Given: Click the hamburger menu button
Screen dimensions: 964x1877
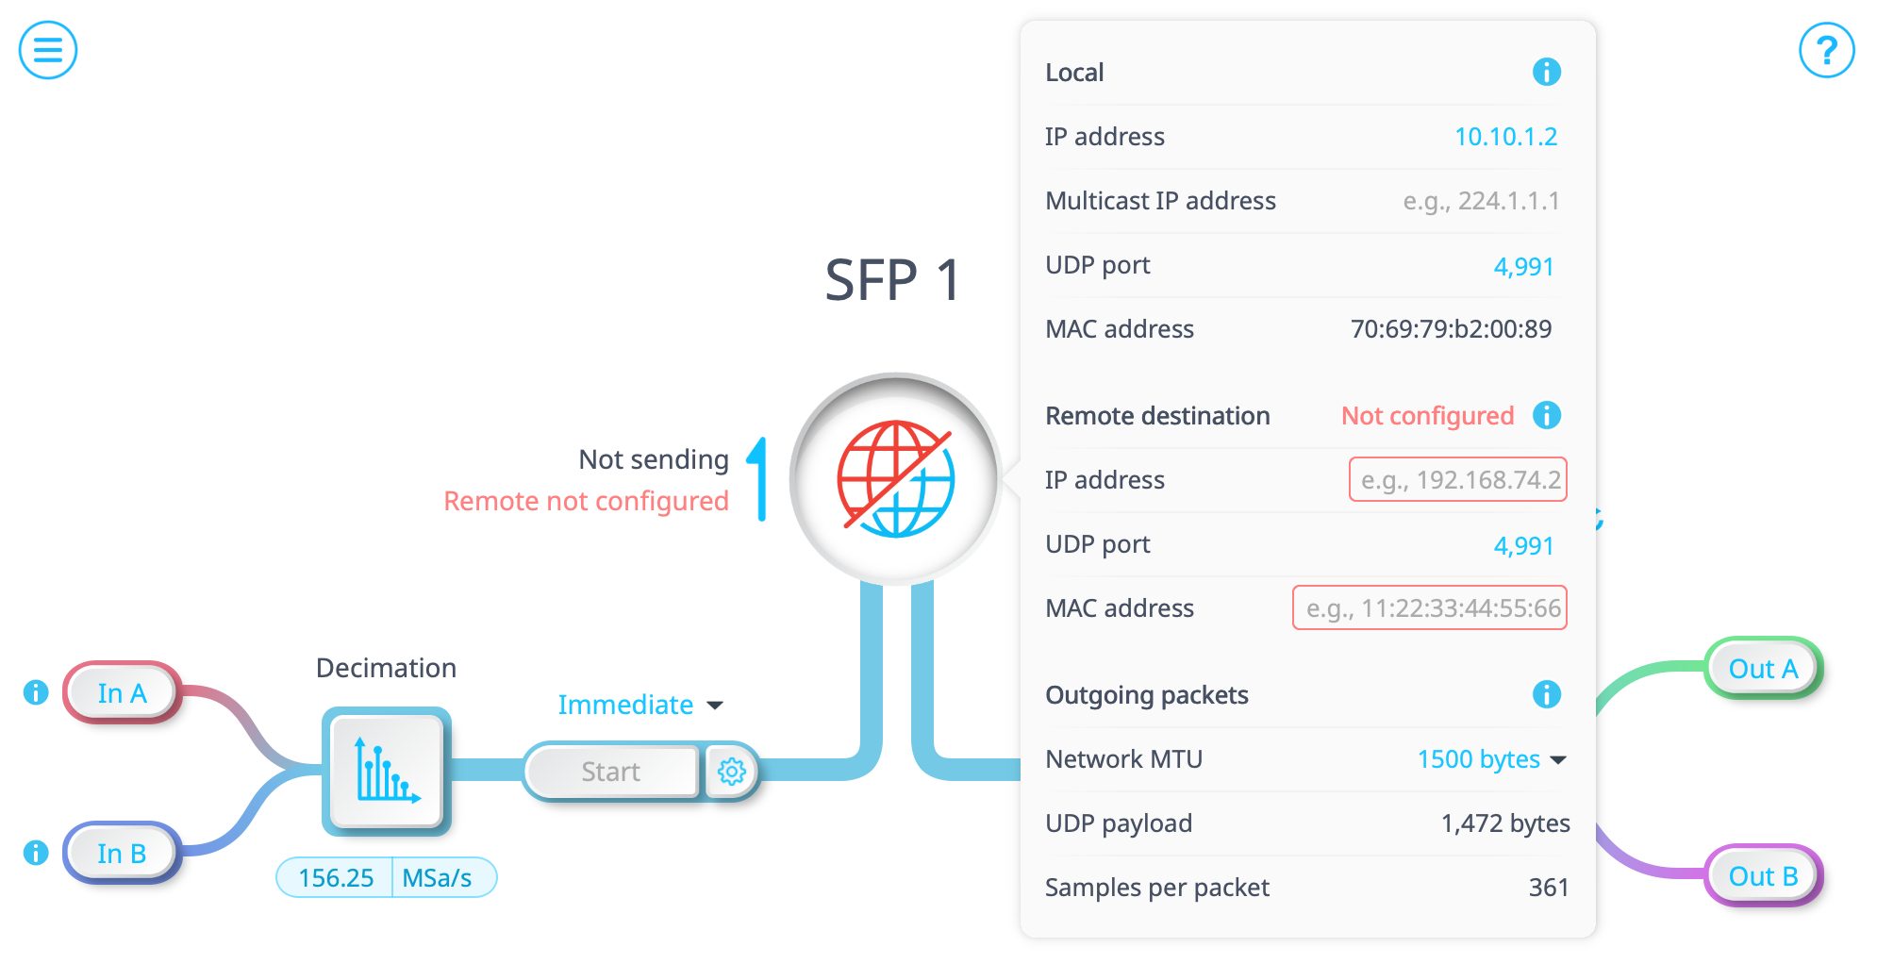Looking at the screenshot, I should (48, 50).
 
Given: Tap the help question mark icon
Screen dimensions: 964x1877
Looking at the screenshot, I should (1826, 50).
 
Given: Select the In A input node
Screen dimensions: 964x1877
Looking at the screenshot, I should (122, 693).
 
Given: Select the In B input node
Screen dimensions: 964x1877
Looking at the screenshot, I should (122, 854).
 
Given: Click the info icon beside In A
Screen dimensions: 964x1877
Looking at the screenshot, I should (36, 692).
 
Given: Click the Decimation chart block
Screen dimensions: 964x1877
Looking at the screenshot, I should (387, 771).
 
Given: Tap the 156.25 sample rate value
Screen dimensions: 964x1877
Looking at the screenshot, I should (336, 878).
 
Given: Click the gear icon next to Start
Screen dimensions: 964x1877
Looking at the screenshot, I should (732, 772).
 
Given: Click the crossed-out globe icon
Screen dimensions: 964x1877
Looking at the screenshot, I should (896, 479).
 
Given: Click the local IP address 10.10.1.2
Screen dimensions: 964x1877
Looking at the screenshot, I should (1505, 137).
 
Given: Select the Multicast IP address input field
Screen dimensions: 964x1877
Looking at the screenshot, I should (1481, 201).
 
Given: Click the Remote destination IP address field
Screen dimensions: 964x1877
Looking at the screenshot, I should (1458, 480).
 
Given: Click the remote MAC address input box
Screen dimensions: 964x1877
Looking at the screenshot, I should (1430, 608).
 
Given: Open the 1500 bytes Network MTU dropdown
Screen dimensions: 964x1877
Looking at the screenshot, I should (1491, 759).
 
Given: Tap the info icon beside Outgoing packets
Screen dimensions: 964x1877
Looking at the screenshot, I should (1547, 695).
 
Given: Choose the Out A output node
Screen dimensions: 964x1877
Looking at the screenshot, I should (1763, 669).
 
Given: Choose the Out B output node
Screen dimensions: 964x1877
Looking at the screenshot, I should (1763, 876).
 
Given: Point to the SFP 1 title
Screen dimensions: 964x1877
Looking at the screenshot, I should (892, 280).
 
